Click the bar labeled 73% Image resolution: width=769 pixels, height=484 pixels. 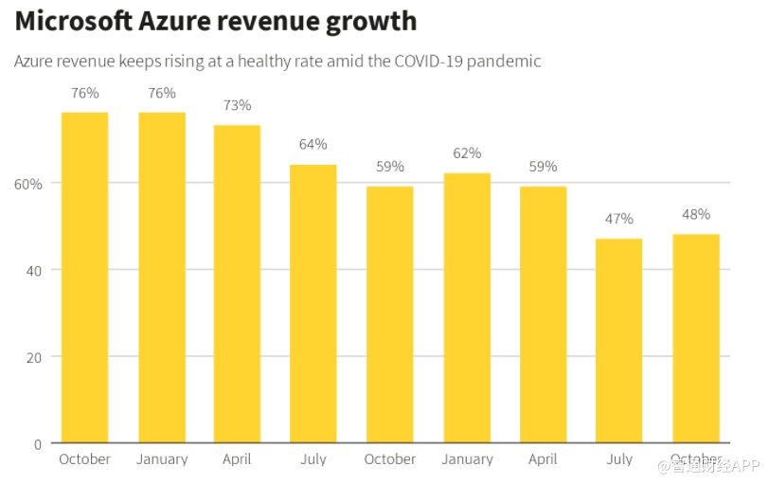coord(237,284)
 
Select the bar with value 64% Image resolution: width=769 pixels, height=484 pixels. coord(313,303)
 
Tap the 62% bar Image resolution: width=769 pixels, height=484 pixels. coord(467,308)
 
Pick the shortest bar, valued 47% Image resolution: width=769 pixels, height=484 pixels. coord(619,341)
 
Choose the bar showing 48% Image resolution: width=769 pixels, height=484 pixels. coord(696,338)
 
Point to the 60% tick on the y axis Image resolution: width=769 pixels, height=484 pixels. coord(27,183)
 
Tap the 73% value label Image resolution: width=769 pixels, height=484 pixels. coord(237,105)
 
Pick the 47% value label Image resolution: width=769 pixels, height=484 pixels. coord(619,219)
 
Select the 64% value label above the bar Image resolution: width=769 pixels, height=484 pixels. coord(313,144)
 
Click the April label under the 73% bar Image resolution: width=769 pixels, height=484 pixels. coord(237,458)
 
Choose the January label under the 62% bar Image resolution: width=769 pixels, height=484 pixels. coord(467,458)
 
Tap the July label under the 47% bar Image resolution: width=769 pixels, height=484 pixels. coord(619,458)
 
